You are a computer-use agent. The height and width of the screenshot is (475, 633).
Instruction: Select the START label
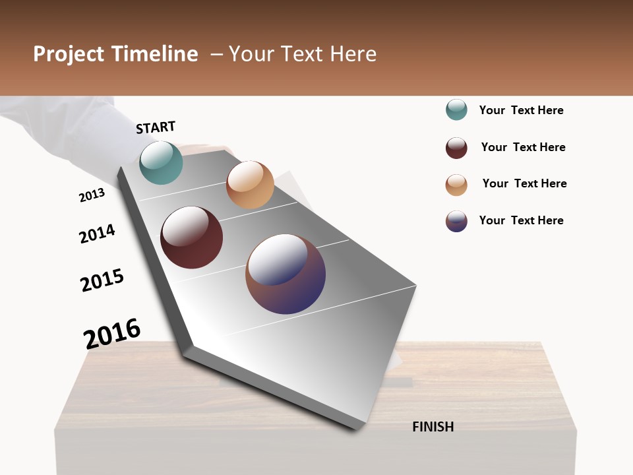[x=156, y=127]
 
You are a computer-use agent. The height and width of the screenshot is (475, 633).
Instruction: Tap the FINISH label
[x=433, y=427]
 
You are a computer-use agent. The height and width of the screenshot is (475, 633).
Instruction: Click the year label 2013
[x=92, y=195]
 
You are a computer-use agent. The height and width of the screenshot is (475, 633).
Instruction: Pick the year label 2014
[x=97, y=234]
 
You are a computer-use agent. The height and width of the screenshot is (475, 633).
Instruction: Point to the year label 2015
[x=102, y=280]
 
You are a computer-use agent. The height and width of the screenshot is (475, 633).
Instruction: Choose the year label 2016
[x=112, y=333]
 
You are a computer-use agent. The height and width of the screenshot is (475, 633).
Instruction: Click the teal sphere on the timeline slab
[x=161, y=162]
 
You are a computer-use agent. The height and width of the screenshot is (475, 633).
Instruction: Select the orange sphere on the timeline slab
[x=250, y=185]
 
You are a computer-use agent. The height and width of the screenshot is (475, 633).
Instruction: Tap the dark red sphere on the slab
[x=192, y=237]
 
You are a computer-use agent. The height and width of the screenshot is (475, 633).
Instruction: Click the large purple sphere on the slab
[x=286, y=274]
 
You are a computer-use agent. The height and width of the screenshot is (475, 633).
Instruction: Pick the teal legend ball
[x=456, y=110]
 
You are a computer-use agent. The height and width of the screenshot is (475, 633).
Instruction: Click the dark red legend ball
[x=456, y=148]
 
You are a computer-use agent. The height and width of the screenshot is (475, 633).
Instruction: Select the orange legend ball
[x=456, y=185]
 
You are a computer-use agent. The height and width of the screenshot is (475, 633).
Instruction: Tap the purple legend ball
[x=456, y=221]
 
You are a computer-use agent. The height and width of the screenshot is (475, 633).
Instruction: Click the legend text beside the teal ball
[x=521, y=110]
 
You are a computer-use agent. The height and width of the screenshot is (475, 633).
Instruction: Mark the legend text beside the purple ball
[x=521, y=220]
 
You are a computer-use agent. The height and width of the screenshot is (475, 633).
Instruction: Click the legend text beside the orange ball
[x=524, y=183]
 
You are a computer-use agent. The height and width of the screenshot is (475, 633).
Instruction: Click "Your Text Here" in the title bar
[x=303, y=54]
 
